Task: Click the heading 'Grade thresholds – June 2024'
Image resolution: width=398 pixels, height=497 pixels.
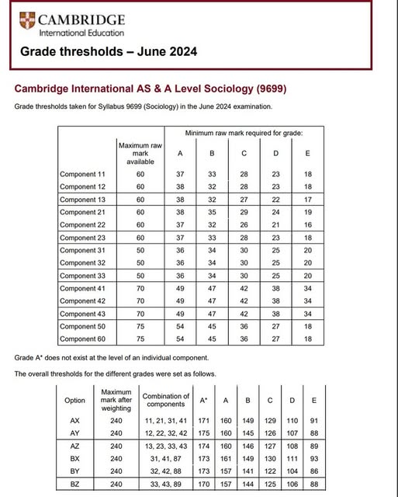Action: pyautogui.click(x=108, y=52)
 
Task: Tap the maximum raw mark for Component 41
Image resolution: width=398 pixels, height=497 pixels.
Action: pyautogui.click(x=140, y=289)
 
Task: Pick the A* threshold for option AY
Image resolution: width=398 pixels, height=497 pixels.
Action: pyautogui.click(x=226, y=433)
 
